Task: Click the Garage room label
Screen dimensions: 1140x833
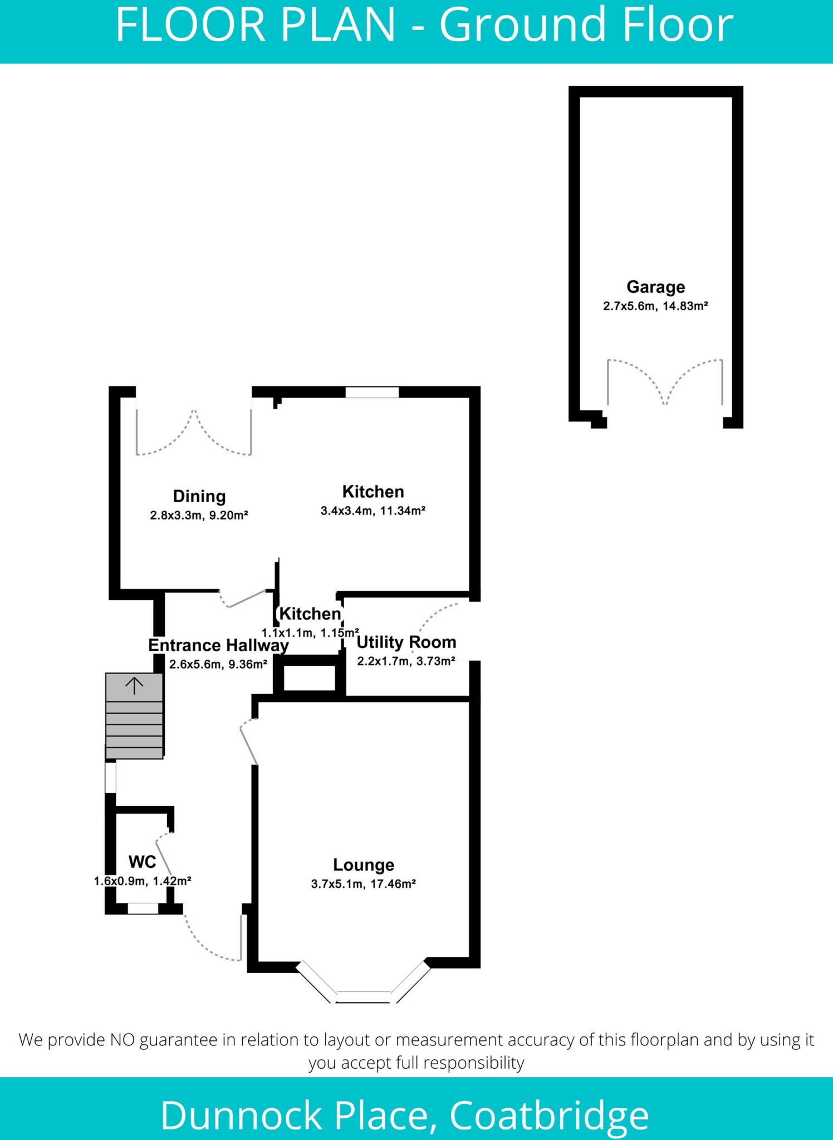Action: (655, 287)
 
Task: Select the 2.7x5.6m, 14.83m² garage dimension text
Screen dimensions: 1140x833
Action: (655, 306)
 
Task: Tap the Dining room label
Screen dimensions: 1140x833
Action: (199, 496)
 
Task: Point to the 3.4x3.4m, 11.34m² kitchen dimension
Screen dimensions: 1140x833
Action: (373, 510)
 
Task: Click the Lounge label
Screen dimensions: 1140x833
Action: (363, 864)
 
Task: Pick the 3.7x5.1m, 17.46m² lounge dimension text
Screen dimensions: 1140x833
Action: (363, 883)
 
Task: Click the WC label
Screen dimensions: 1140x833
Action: (142, 862)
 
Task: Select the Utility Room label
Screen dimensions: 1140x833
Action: (406, 642)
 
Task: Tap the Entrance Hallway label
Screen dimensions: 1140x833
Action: (218, 645)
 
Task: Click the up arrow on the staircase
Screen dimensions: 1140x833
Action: (134, 685)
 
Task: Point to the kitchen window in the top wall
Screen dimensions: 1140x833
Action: (372, 392)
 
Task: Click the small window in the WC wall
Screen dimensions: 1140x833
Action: (143, 908)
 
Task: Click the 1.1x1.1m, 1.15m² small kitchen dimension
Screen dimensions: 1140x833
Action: (310, 633)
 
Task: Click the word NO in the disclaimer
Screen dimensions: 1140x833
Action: (122, 1039)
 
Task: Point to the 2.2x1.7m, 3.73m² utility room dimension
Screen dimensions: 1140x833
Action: (406, 661)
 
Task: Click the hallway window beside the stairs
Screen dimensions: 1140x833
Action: (111, 777)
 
